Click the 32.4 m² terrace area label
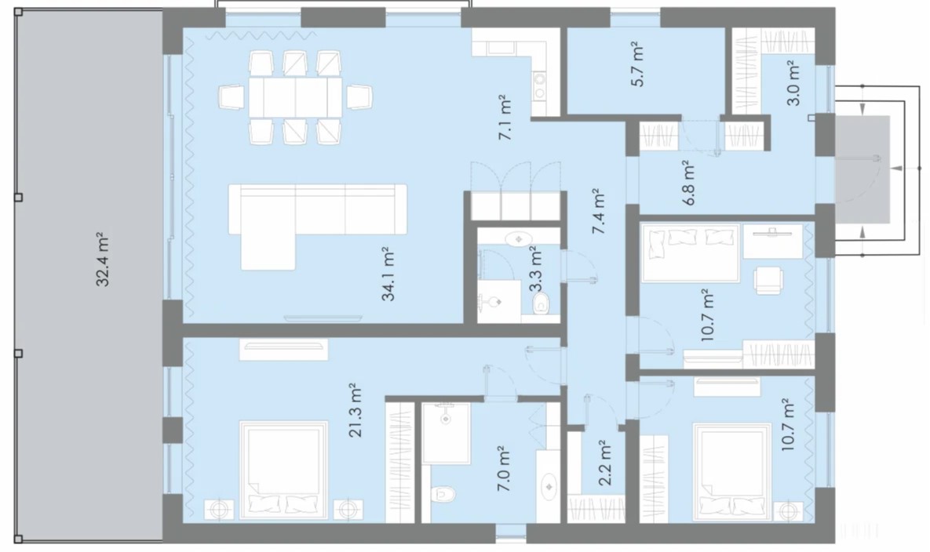click(103, 260)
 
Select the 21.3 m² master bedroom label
click(355, 410)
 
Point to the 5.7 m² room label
click(637, 64)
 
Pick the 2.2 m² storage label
click(604, 463)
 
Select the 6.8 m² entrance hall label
click(688, 183)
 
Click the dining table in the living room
click(295, 97)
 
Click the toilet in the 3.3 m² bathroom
click(541, 304)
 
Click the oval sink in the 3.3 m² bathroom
click(519, 238)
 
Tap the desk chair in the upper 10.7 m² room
click(768, 280)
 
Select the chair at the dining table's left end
click(232, 97)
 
